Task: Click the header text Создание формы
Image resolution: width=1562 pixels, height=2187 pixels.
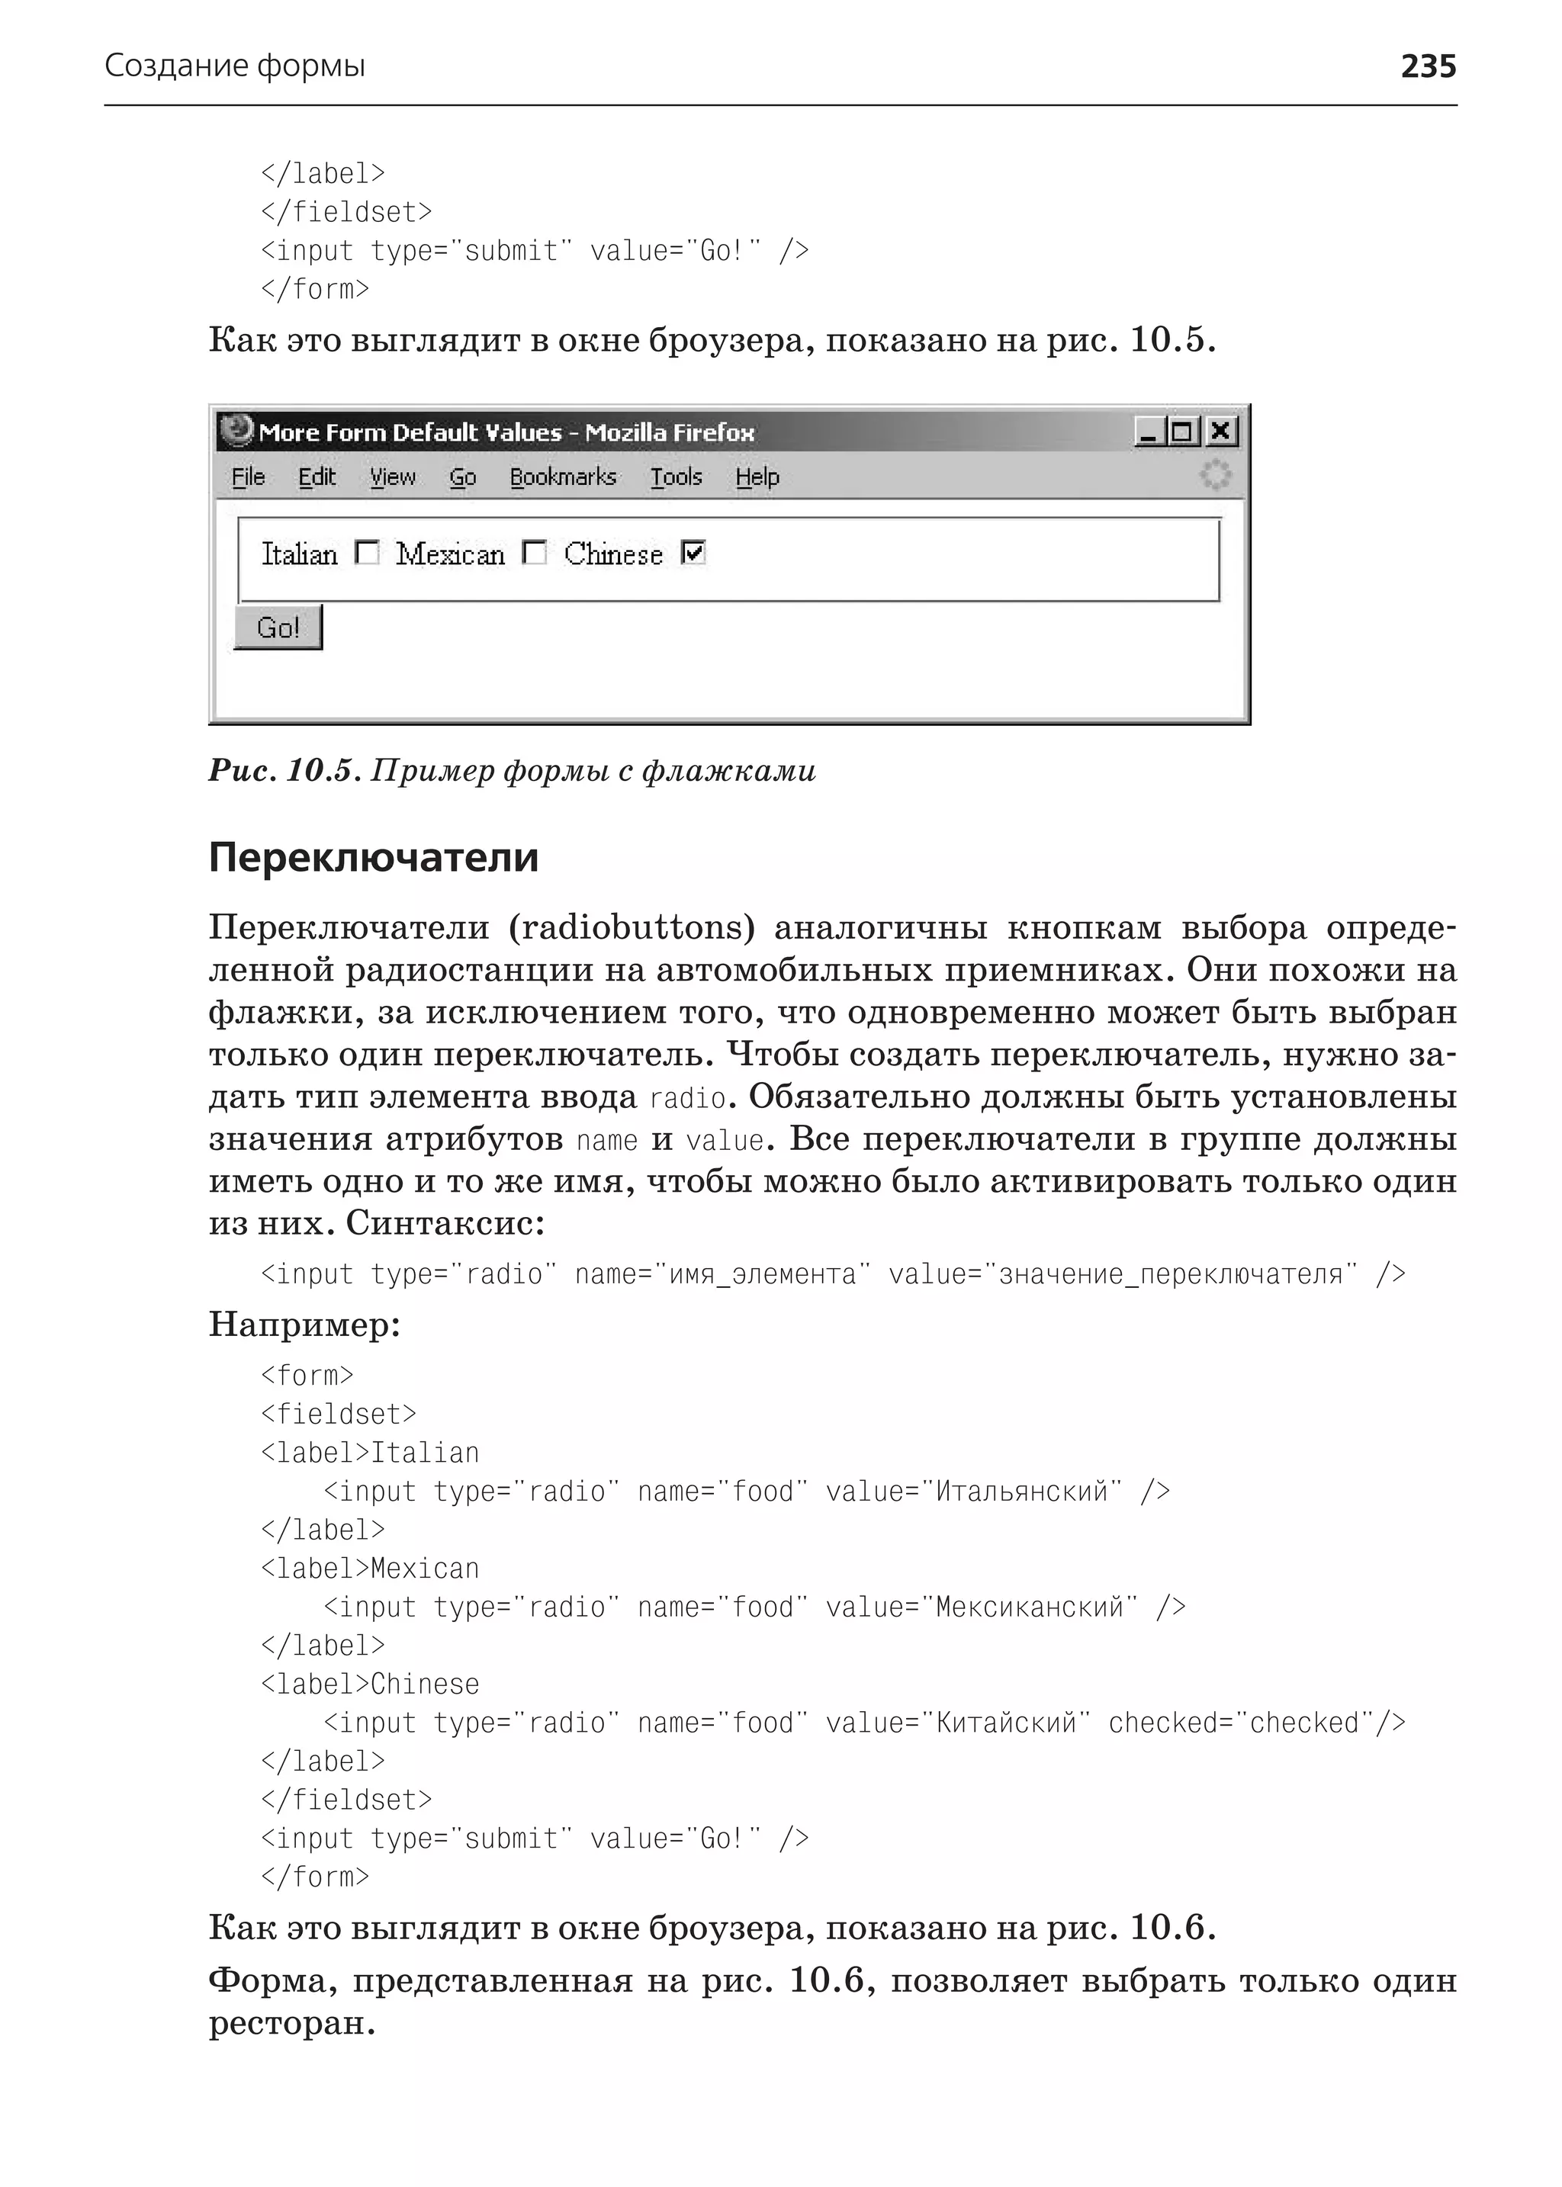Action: click(x=235, y=66)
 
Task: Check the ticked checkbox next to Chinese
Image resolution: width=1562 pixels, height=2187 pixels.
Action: click(x=693, y=552)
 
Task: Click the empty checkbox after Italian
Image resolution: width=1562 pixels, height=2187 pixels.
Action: click(x=366, y=552)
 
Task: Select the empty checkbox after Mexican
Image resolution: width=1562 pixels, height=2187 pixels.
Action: click(x=534, y=552)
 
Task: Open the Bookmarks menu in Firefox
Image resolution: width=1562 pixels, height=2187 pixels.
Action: click(x=563, y=477)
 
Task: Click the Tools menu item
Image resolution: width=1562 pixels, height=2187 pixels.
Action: click(x=677, y=477)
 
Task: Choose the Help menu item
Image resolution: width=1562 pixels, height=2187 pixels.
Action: click(x=757, y=477)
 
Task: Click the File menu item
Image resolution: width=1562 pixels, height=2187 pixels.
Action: click(x=248, y=477)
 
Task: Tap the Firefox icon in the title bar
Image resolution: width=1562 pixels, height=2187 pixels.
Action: click(x=236, y=430)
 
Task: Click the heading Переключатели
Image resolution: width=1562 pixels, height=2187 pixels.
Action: click(x=373, y=857)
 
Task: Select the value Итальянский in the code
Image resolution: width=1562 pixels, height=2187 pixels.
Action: click(x=1021, y=1492)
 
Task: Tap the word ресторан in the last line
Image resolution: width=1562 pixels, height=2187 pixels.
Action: click(x=291, y=2022)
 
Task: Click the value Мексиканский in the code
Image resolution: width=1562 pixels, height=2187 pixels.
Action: click(x=1029, y=1607)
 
